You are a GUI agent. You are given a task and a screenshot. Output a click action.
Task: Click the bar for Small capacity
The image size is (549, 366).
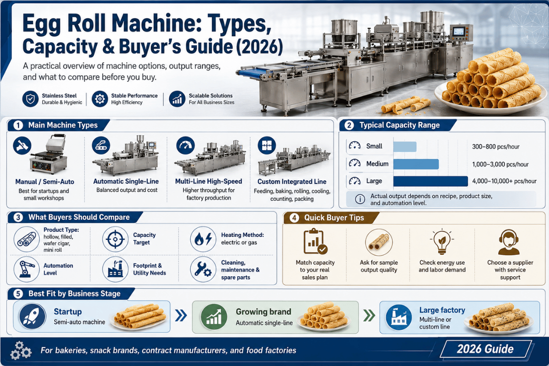[405, 146]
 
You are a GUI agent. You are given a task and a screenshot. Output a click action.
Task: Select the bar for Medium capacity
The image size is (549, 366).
[416, 164]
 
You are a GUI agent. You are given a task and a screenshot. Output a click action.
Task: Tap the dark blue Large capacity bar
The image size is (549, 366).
[431, 181]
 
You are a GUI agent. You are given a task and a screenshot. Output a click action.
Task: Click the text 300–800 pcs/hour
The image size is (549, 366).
[495, 146]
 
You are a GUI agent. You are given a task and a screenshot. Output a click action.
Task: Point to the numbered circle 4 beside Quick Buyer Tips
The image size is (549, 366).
[294, 218]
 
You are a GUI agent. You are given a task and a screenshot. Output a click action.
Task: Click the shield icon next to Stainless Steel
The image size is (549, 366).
[30, 99]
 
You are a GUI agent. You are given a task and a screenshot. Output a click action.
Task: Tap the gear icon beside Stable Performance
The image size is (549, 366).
[100, 99]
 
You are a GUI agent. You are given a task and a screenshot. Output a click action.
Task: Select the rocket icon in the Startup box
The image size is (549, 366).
[32, 316]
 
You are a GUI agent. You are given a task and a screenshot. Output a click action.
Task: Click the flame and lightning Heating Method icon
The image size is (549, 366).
[203, 239]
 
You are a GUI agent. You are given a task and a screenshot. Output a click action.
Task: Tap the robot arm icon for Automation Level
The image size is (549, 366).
[27, 269]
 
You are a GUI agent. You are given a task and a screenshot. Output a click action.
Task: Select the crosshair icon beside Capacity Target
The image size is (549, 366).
[115, 239]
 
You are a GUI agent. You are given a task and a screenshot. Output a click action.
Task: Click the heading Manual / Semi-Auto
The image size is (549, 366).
[45, 182]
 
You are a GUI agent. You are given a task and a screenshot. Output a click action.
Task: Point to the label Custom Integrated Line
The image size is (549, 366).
[292, 182]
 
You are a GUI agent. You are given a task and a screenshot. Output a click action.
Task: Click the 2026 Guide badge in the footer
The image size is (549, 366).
[485, 349]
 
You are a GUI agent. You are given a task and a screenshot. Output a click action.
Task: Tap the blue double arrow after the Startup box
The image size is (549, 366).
[181, 316]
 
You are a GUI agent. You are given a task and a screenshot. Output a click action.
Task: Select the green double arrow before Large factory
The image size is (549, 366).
[369, 316]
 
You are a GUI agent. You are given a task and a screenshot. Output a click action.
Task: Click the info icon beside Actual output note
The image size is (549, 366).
[360, 199]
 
